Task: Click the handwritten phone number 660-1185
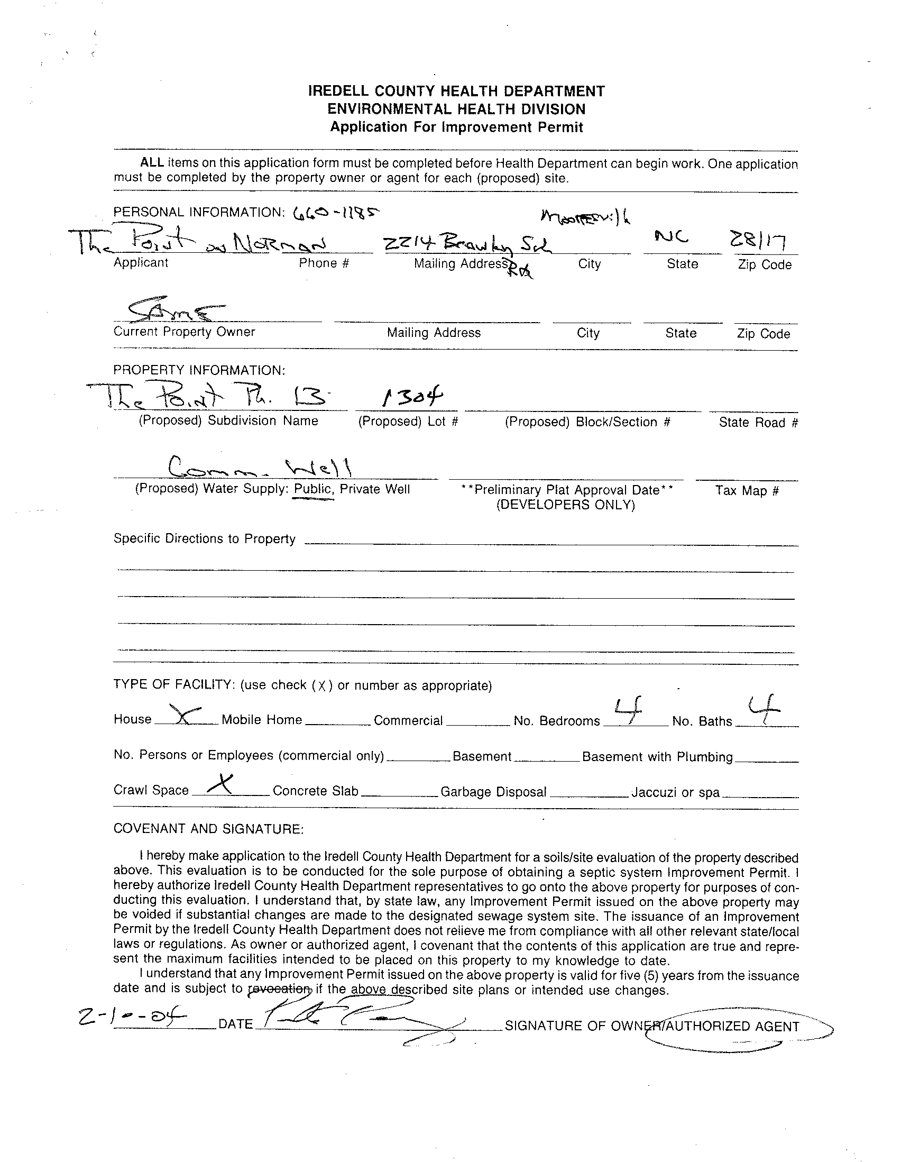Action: point(337,213)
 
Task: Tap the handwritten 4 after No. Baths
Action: point(764,708)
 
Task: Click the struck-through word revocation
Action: point(280,990)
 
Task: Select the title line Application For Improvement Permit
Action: point(456,127)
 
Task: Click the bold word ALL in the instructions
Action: point(152,163)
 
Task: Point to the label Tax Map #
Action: point(747,490)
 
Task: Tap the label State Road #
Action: point(758,423)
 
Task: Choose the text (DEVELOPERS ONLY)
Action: point(565,505)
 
